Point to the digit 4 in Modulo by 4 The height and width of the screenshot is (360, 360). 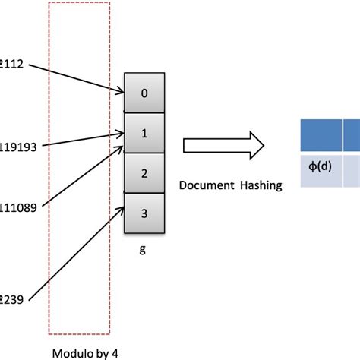(x=113, y=353)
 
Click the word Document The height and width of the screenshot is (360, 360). (x=203, y=184)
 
